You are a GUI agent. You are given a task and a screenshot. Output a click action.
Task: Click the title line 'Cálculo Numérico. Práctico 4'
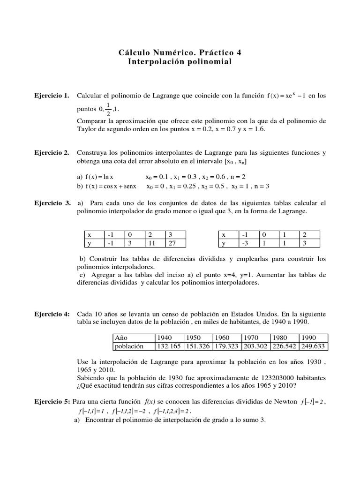point(180,52)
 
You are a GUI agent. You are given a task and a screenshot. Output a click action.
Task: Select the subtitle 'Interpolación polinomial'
point(180,62)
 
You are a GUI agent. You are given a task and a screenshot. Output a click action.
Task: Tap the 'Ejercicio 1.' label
point(52,96)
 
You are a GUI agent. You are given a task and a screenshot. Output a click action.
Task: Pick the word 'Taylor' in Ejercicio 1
point(87,128)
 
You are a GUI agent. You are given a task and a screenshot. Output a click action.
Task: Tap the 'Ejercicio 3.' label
point(52,203)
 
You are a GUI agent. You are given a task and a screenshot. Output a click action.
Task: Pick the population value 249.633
point(313,346)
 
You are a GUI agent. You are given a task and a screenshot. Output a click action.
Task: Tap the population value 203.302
point(255,346)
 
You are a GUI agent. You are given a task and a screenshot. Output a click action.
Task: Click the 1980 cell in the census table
point(284,337)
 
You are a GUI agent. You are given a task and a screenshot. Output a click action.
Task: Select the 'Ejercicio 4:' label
point(52,313)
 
